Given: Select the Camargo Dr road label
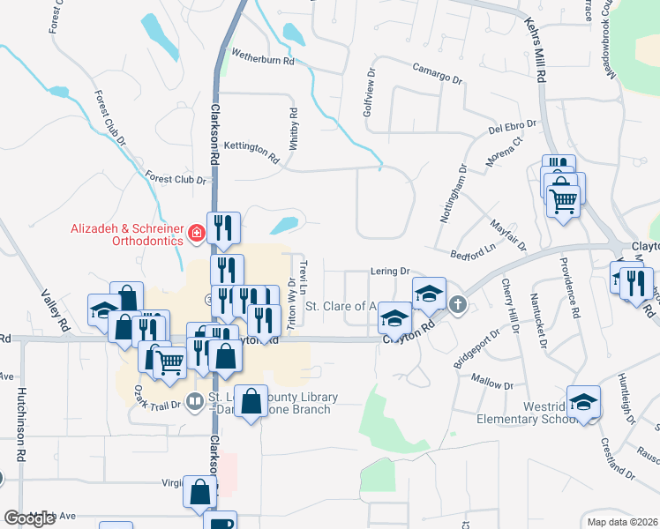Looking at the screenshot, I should (438, 72).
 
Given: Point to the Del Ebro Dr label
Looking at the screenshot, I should (513, 130).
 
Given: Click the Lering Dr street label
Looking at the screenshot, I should (392, 272).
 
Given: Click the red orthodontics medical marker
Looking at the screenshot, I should (196, 235).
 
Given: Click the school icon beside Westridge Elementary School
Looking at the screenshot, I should (583, 401).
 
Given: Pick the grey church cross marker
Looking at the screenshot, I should (457, 305).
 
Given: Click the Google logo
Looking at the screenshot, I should (30, 518).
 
